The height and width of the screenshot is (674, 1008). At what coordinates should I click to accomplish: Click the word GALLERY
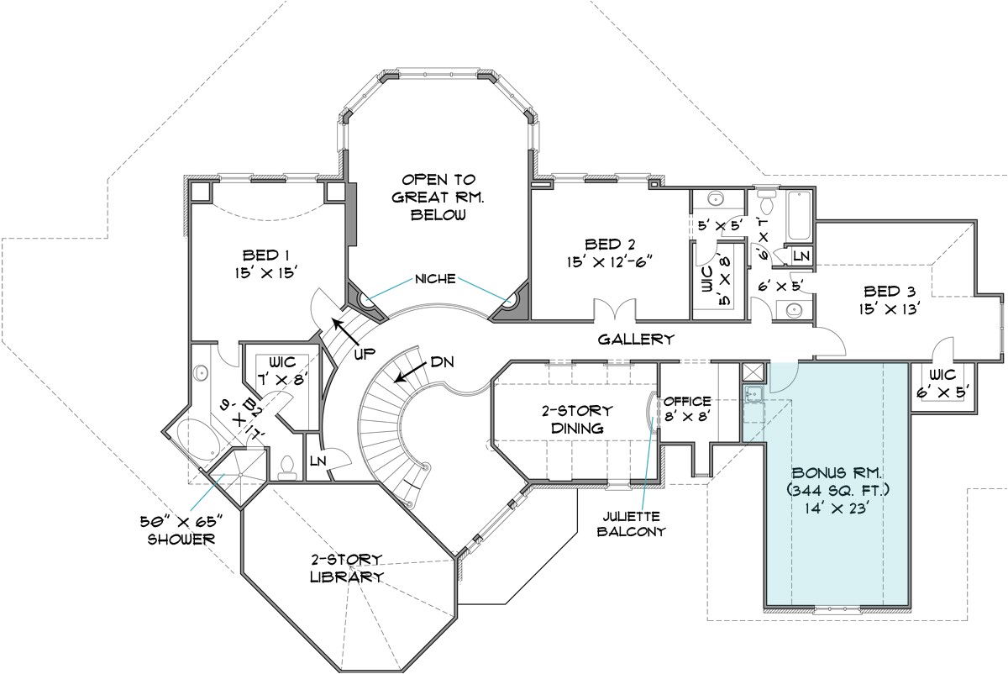click(x=636, y=340)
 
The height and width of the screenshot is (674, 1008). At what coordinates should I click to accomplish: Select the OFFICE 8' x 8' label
click(x=687, y=408)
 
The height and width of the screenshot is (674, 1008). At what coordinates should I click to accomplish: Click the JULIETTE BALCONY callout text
click(x=635, y=523)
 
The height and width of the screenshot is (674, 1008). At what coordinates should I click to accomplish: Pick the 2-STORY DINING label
click(x=576, y=419)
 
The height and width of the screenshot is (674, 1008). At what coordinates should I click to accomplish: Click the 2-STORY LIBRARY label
click(x=346, y=568)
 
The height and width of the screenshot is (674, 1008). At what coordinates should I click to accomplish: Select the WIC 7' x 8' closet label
click(x=282, y=371)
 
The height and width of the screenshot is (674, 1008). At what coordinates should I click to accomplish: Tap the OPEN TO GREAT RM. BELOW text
click(x=438, y=197)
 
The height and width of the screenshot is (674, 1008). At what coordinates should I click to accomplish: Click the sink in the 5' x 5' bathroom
click(x=715, y=198)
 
